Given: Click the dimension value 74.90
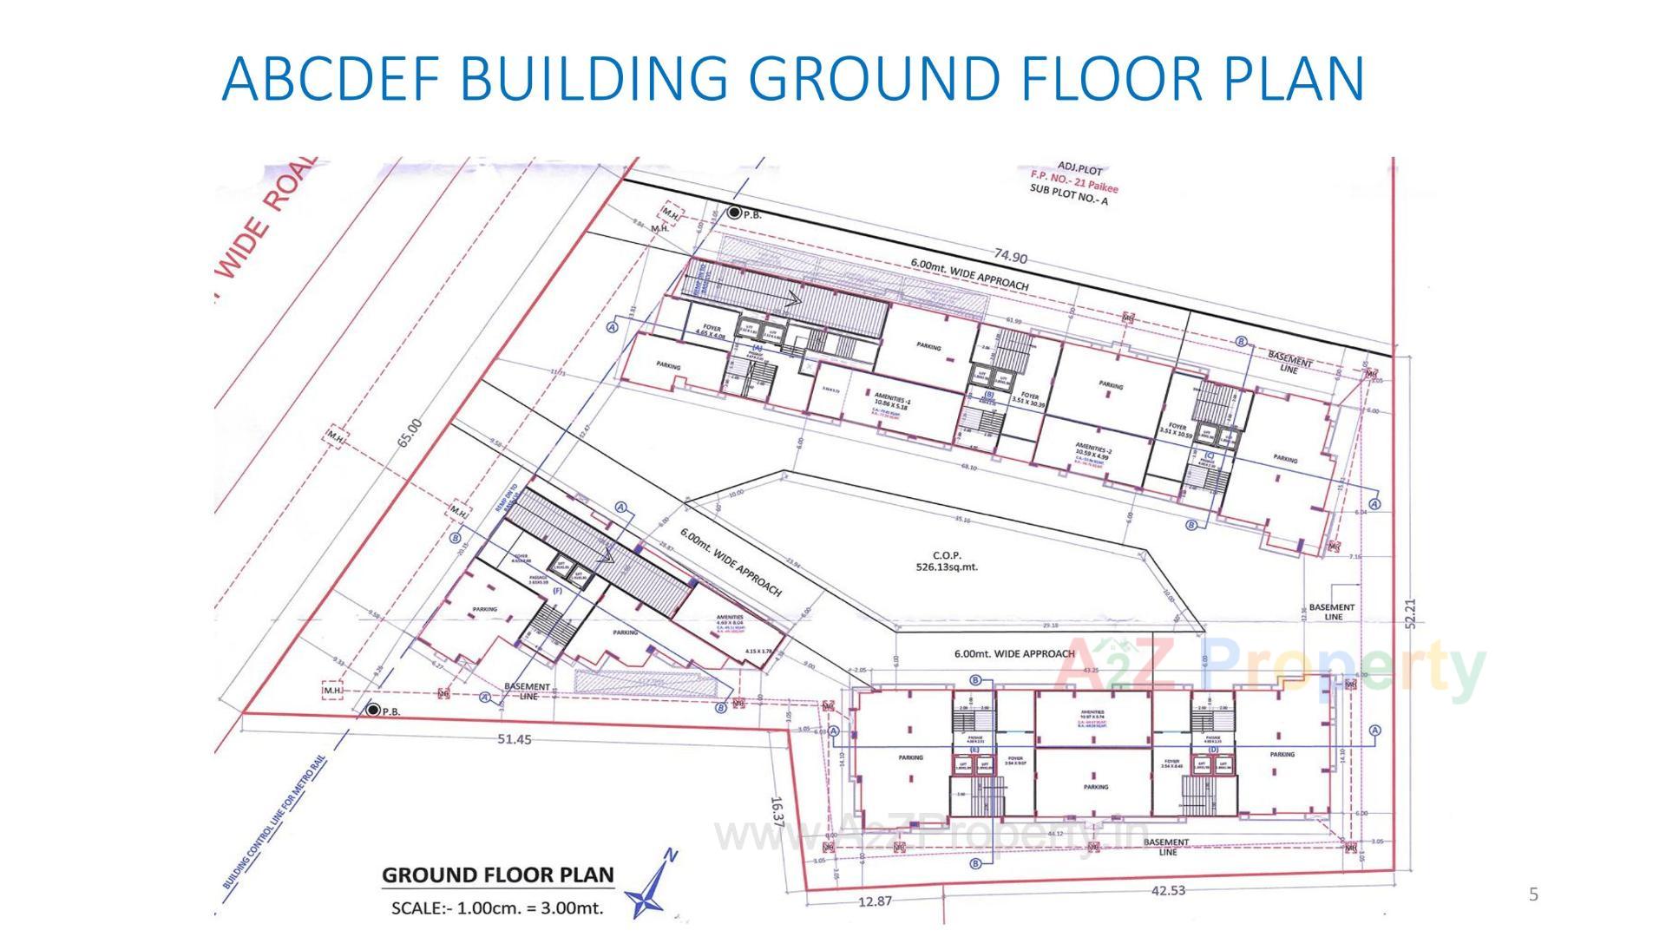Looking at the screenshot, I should (x=1010, y=258).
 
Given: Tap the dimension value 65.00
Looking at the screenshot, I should (x=410, y=433).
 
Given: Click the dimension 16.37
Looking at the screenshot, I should (x=777, y=810).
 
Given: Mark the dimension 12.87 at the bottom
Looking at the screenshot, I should (x=874, y=901).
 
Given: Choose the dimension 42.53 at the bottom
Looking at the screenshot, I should (x=1168, y=890).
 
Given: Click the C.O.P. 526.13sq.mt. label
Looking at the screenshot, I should (x=947, y=561).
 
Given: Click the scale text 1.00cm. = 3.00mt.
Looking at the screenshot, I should (x=497, y=909).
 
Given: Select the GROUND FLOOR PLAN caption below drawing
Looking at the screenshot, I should (x=497, y=875).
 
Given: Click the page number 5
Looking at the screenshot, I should (x=1533, y=894).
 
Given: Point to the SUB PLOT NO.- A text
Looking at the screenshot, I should (x=1068, y=194).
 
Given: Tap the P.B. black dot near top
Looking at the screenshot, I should (x=734, y=213).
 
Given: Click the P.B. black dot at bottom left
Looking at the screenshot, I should (x=373, y=711).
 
